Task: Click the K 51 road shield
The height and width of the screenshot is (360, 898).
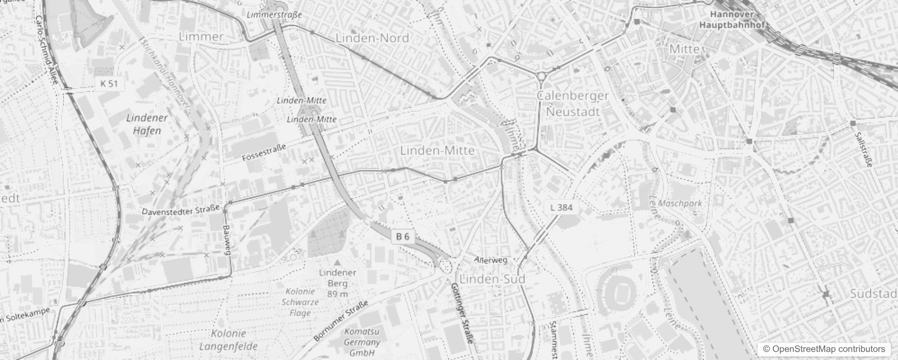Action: tap(109, 84)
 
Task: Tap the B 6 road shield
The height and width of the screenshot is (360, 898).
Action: tap(403, 237)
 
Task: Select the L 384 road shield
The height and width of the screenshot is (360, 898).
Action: tap(561, 207)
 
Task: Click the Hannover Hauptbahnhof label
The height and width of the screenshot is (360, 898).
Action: tap(732, 20)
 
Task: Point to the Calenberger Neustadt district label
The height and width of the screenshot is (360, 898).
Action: tap(573, 103)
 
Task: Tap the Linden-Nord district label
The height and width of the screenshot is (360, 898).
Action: tap(372, 38)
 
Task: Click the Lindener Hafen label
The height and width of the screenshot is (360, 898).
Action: tap(147, 124)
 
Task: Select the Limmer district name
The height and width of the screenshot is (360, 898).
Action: tap(201, 37)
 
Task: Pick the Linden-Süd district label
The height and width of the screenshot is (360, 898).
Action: tap(493, 279)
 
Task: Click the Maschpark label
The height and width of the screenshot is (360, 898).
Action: tap(680, 203)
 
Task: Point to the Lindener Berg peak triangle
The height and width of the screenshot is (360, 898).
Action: tap(337, 262)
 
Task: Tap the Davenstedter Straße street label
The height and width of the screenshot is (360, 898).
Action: tap(180, 210)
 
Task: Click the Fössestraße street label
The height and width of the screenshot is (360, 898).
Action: tap(264, 153)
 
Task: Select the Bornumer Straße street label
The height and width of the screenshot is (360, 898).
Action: tap(341, 320)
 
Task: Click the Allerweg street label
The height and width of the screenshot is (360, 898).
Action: tap(491, 260)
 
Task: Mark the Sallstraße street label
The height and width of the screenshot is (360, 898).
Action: tap(863, 144)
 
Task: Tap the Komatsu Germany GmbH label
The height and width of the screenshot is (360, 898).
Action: tap(362, 342)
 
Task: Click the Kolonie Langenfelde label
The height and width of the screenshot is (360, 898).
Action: tap(229, 340)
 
